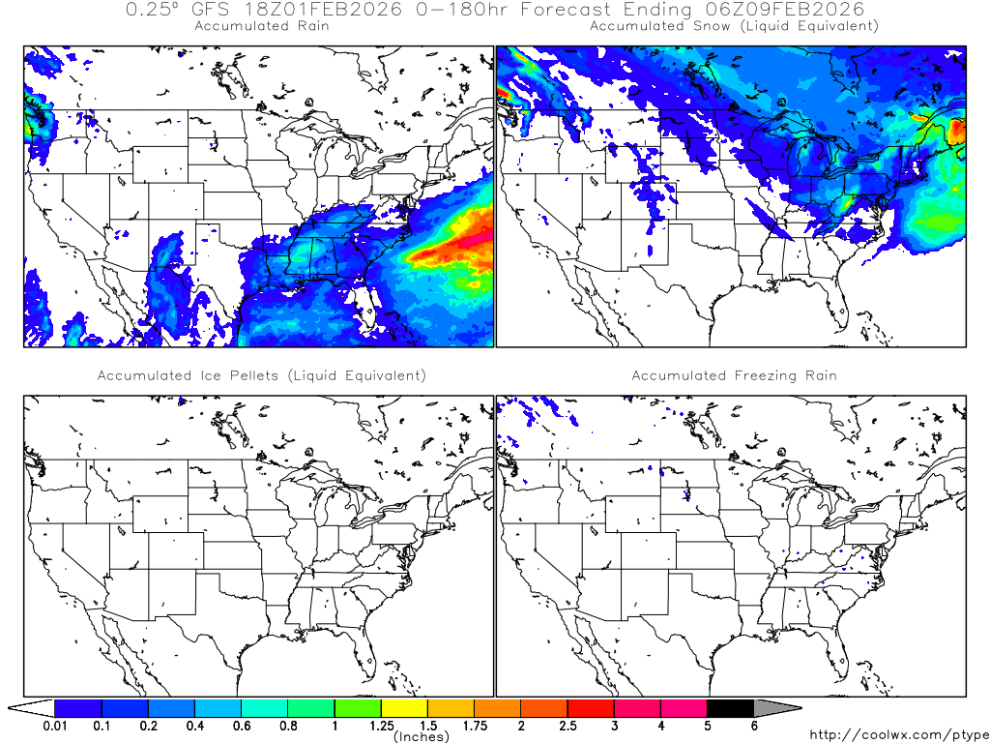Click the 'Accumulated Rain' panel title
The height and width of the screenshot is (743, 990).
tap(261, 26)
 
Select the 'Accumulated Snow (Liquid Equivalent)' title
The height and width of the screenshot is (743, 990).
tap(734, 26)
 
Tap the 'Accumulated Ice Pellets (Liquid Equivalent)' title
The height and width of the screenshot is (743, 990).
tap(261, 375)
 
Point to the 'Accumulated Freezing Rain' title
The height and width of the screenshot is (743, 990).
tap(734, 375)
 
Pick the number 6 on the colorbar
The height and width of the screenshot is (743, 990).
tap(754, 726)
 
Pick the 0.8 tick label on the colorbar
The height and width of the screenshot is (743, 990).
tap(288, 726)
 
